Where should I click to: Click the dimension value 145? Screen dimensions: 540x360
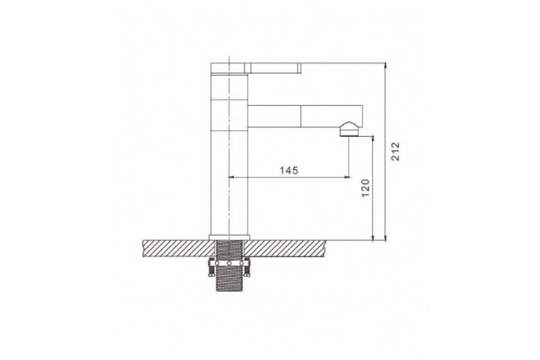[x=288, y=170]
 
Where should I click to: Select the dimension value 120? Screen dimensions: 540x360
[x=365, y=188]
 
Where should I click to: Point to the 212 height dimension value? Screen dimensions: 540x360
[x=395, y=151]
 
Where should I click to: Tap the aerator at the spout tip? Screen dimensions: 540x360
[x=350, y=130]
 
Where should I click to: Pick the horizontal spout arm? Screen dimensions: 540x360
[x=305, y=116]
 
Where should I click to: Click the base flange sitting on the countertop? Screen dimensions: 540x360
[x=229, y=237]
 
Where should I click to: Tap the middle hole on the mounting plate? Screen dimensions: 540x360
[x=229, y=264]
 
